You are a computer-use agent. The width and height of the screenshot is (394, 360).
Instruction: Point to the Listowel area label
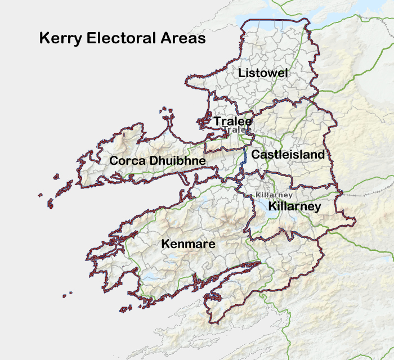(263, 73)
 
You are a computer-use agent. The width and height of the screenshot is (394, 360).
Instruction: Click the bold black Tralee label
(232, 121)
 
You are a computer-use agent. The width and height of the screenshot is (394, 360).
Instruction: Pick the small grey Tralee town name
(236, 130)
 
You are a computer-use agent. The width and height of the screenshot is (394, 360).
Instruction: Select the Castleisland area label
(288, 154)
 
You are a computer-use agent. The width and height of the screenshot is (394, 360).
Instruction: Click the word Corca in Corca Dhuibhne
(127, 161)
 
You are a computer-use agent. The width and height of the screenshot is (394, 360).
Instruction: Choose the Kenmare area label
(189, 244)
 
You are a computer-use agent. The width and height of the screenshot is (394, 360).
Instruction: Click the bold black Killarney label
(294, 206)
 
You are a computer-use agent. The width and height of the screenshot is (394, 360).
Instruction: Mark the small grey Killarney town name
(274, 195)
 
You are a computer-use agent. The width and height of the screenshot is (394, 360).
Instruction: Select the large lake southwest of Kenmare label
(151, 277)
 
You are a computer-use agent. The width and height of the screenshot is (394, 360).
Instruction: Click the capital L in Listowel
(241, 73)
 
